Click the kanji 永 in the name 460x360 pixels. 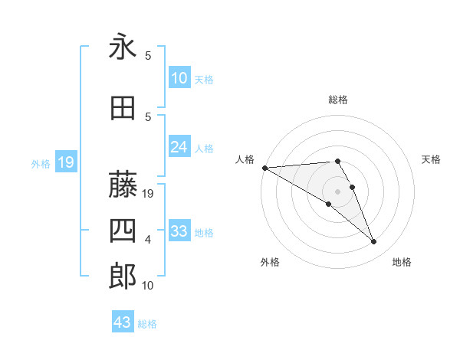point(123,48)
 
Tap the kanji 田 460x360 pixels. point(123,108)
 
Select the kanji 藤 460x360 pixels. point(123,185)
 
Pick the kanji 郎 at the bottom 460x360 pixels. point(123,277)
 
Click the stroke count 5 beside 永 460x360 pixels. point(148,56)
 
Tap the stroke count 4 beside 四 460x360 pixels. point(148,240)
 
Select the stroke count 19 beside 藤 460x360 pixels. point(149,195)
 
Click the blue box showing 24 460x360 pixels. point(179,147)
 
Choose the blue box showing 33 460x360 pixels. point(179,231)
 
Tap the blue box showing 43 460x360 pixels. point(123,322)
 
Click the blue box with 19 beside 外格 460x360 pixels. point(65,162)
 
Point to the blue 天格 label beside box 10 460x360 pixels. point(204,79)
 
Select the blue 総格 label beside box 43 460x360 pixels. point(147,324)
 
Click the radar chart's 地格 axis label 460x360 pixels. point(402,262)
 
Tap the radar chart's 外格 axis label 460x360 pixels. point(270,262)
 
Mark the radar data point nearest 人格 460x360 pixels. point(264,168)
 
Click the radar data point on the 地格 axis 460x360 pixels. point(373,241)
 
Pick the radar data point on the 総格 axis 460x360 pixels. point(337,161)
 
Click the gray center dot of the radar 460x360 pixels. point(337,191)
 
